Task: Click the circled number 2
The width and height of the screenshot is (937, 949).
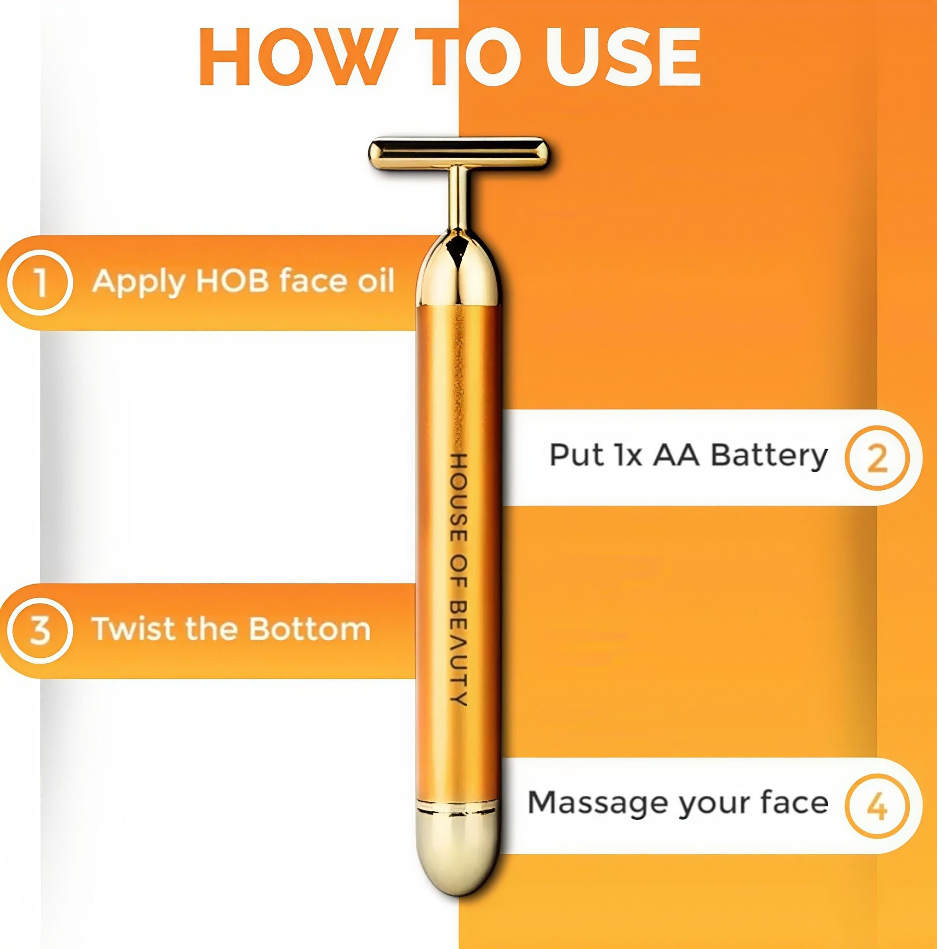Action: (x=877, y=458)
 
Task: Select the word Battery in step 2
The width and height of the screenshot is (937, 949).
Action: (x=769, y=456)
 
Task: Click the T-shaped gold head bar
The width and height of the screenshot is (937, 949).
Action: (x=459, y=153)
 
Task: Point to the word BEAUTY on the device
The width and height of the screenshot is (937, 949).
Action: (x=458, y=652)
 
